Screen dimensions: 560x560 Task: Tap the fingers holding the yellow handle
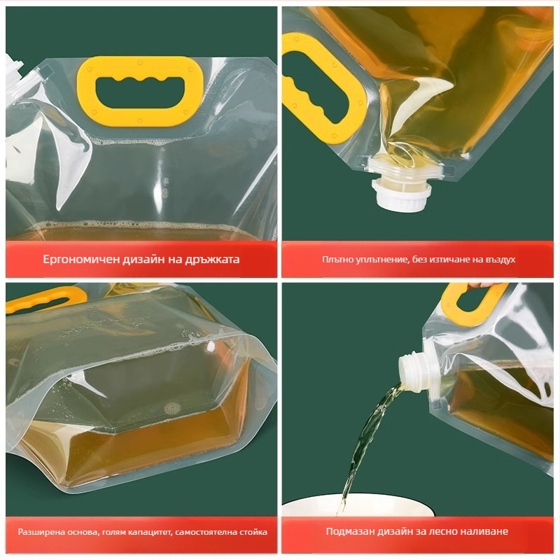click(488, 285)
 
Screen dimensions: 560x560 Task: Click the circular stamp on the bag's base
click(172, 407)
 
